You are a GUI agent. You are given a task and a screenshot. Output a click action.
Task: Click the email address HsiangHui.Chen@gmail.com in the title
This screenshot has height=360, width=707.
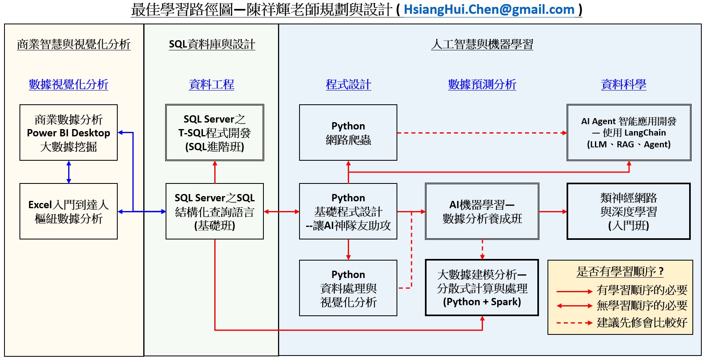tap(489, 9)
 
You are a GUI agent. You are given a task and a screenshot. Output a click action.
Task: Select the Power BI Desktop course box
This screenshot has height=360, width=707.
tap(69, 133)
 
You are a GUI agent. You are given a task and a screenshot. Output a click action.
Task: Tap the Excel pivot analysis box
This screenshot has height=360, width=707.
tap(69, 211)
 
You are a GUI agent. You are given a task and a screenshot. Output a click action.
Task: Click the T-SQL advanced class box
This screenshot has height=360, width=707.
tap(215, 133)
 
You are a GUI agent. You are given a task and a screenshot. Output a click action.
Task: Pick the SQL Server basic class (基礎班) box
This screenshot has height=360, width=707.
tap(215, 211)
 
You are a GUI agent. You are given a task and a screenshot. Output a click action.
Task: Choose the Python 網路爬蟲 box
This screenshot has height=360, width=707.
tap(348, 133)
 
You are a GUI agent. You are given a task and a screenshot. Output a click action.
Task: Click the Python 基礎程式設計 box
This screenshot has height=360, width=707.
tap(348, 211)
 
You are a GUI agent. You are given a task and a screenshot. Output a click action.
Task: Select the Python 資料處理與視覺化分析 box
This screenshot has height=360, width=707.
tap(348, 288)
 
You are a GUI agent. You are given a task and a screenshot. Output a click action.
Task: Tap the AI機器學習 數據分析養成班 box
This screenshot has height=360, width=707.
tap(482, 211)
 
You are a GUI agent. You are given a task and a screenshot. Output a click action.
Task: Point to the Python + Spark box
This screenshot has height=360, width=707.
tap(482, 288)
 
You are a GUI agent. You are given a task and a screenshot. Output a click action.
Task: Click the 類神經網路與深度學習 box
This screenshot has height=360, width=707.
tap(629, 211)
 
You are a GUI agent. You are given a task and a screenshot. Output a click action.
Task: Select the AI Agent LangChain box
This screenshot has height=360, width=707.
tap(629, 133)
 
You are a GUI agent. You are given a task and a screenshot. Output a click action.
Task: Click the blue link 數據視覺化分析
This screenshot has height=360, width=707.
tap(69, 84)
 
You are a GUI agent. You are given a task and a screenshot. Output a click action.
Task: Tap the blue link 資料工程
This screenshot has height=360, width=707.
tap(211, 84)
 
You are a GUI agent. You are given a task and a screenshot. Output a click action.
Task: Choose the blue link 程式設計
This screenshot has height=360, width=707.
tap(348, 84)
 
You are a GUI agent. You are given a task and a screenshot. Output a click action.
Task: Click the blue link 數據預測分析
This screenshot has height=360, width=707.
tap(482, 84)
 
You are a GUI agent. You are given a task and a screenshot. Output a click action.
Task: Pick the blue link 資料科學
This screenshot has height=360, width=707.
tap(623, 84)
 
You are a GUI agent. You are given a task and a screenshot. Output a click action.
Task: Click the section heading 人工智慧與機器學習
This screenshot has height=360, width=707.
tap(482, 44)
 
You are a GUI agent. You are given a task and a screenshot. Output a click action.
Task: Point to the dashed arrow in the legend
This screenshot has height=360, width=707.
tap(574, 323)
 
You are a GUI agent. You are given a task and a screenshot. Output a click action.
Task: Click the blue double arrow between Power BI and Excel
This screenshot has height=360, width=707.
tap(69, 172)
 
